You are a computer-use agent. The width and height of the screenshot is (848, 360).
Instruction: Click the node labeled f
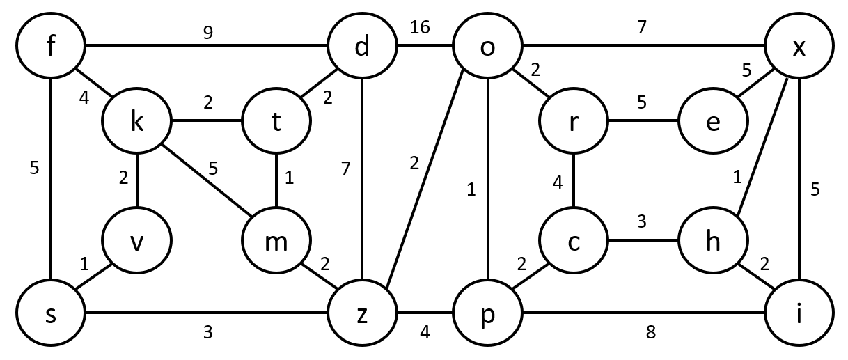click(52, 48)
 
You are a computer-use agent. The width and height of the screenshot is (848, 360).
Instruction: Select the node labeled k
click(137, 121)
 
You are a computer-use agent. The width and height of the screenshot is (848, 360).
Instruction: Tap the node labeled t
click(276, 121)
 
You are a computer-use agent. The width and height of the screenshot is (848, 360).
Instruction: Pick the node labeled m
click(276, 242)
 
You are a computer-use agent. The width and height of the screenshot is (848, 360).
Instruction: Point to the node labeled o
click(487, 48)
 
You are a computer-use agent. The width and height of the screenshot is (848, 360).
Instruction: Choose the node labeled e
click(714, 121)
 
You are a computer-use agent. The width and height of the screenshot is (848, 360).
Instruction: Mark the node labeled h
click(714, 242)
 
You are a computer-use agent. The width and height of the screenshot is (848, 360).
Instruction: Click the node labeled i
click(799, 315)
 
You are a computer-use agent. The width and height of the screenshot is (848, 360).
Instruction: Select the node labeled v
click(137, 242)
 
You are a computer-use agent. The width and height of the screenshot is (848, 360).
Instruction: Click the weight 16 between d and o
click(420, 28)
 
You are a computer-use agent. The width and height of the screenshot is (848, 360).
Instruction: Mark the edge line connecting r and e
click(643, 121)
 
